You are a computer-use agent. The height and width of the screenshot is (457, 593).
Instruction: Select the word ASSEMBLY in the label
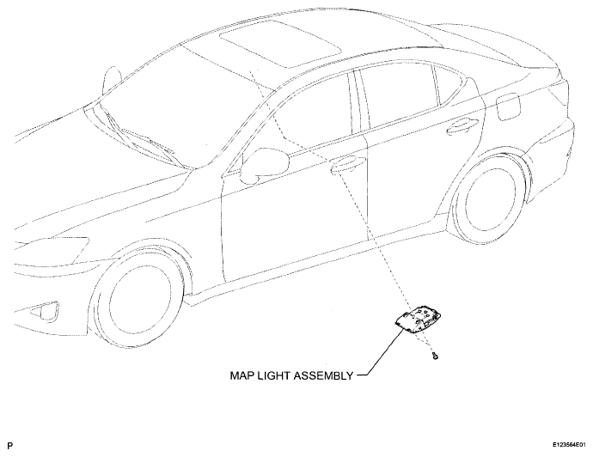tap(323, 375)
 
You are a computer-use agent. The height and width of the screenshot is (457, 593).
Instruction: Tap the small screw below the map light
tap(435, 356)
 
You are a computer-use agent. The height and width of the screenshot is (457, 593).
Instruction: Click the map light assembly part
tap(418, 320)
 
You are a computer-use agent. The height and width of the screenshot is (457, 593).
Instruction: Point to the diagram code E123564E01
tap(569, 445)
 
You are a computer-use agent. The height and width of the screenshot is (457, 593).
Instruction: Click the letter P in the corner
tap(9, 446)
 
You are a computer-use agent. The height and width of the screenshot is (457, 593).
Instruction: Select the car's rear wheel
tap(490, 198)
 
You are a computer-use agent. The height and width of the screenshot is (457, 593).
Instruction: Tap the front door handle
tap(348, 163)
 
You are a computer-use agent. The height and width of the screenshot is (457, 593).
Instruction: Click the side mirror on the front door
tap(265, 163)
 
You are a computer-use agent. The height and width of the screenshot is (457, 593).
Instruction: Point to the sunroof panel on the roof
tap(281, 44)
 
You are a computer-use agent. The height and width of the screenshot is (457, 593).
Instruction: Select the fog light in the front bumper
tap(45, 311)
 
